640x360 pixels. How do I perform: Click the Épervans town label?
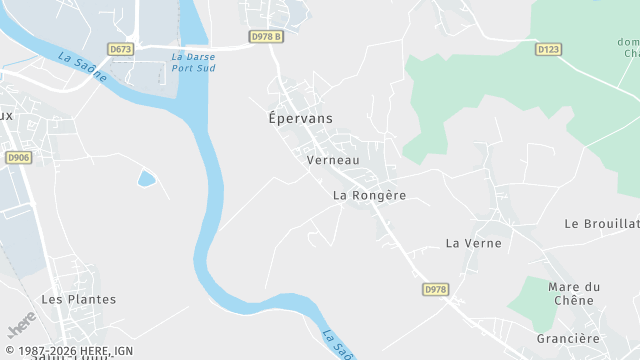[x=301, y=118]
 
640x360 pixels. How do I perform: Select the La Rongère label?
[x=369, y=196]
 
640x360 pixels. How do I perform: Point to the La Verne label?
[x=466, y=243]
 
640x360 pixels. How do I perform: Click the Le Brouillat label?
[x=602, y=223]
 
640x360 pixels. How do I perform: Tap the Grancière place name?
[x=567, y=338]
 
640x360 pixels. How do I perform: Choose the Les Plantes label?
[x=78, y=299]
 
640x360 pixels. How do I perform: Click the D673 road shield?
[x=121, y=48]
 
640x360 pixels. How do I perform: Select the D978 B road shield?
[x=266, y=38]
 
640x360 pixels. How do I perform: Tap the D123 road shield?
[x=547, y=48]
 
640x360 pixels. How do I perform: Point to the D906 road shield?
[x=18, y=157]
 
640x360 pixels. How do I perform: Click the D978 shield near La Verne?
[x=435, y=289]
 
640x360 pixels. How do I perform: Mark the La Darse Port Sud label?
[x=193, y=62]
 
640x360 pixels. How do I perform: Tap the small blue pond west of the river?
[x=147, y=179]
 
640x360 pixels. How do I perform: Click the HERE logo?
[x=21, y=325]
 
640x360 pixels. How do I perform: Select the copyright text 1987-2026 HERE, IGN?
[x=69, y=351]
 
